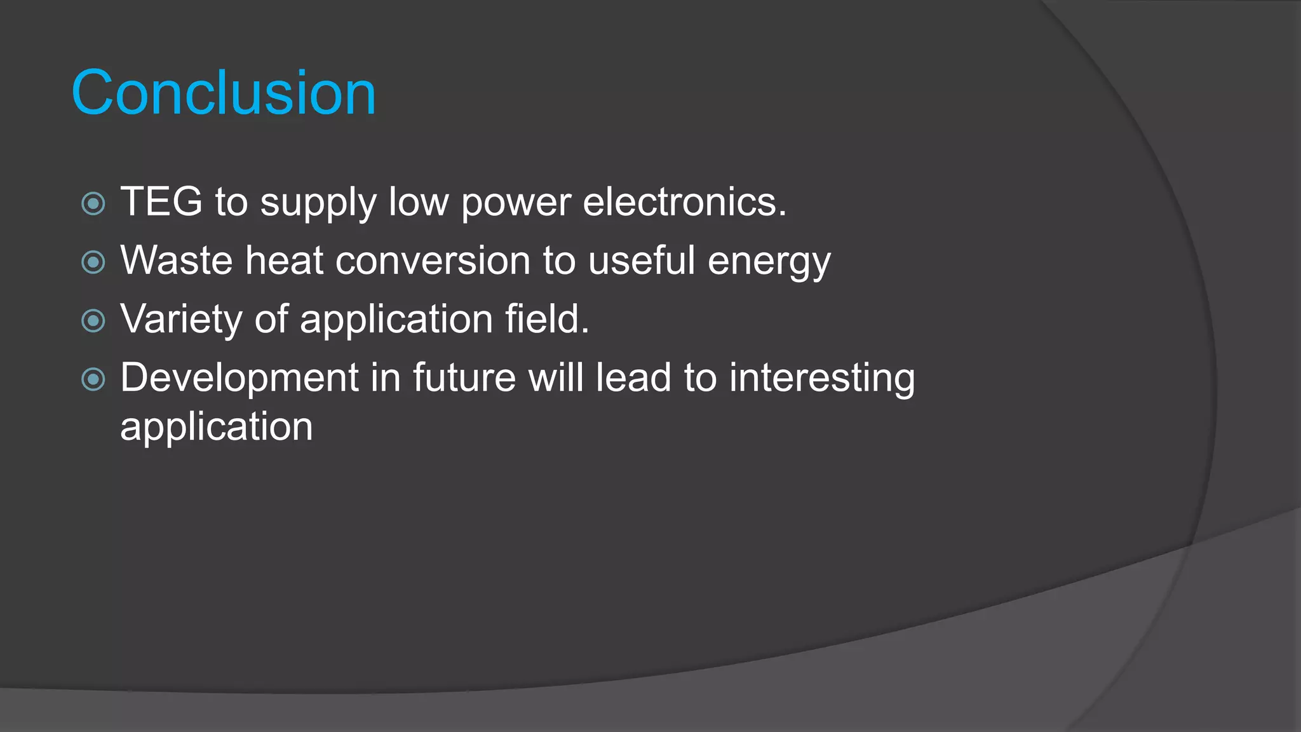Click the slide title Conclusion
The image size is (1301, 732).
click(x=224, y=93)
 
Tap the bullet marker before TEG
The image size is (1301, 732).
click(x=93, y=204)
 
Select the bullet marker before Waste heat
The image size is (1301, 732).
click(x=93, y=262)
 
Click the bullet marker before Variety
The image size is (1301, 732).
click(x=93, y=320)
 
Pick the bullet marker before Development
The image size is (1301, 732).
click(x=93, y=379)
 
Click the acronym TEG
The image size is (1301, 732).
click(x=161, y=201)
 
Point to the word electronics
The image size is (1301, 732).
click(x=684, y=201)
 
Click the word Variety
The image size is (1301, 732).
click(x=182, y=320)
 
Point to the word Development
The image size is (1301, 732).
click(x=239, y=377)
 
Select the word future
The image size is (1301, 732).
click(x=464, y=377)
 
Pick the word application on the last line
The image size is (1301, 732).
click(x=217, y=427)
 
